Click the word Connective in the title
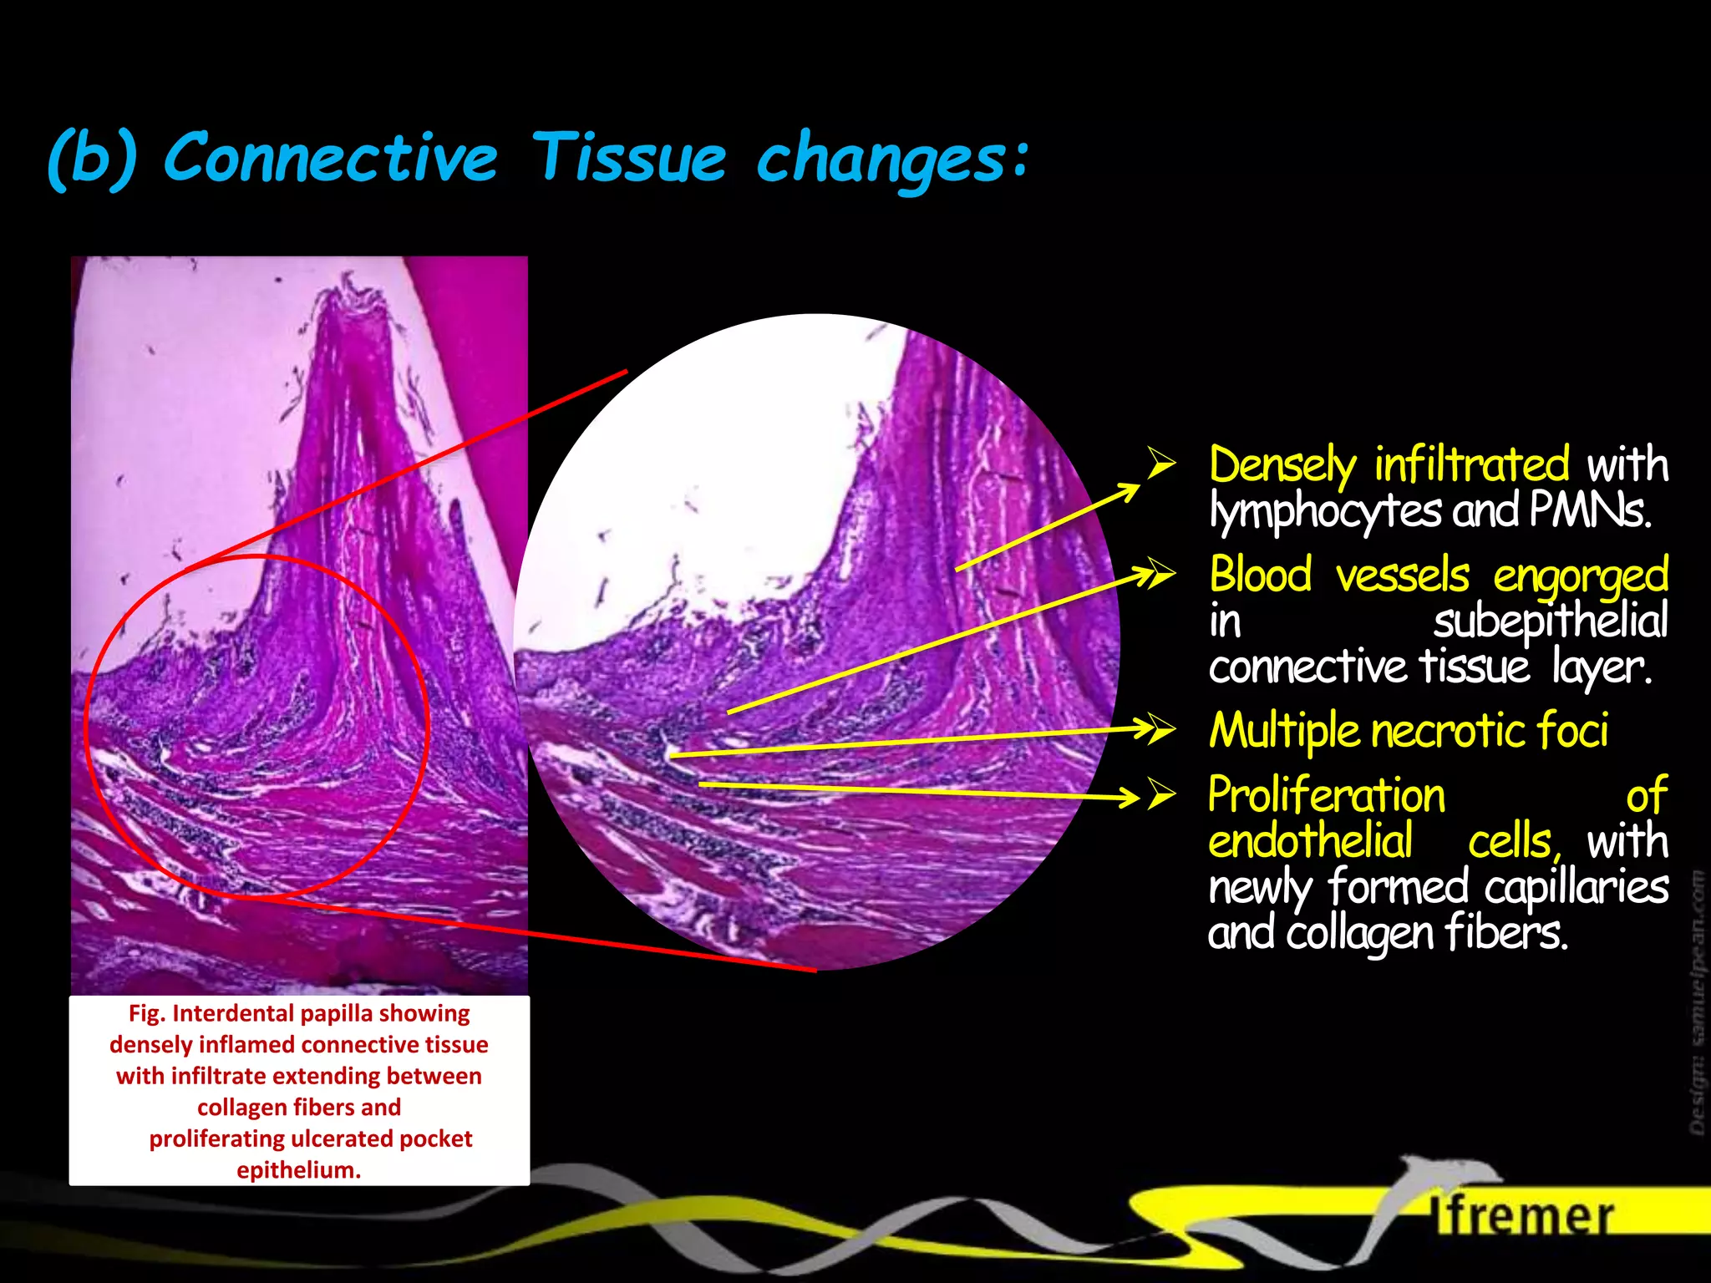click(x=331, y=157)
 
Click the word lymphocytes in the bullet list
click(x=1325, y=511)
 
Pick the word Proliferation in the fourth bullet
click(x=1327, y=795)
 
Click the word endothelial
click(x=1310, y=841)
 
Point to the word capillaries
click(x=1576, y=887)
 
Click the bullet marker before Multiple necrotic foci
click(x=1162, y=729)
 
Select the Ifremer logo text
click(x=1522, y=1216)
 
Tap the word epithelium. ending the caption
click(x=298, y=1169)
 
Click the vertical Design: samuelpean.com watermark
click(x=1697, y=1002)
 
